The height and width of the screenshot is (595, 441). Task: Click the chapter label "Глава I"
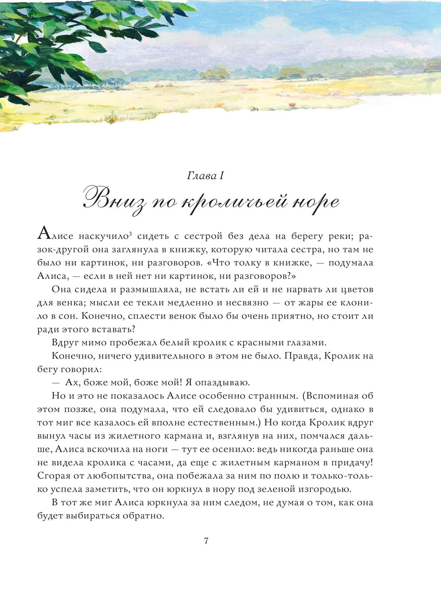point(205,175)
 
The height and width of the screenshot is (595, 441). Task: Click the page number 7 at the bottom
point(206,541)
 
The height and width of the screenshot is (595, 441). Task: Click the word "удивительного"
point(169,356)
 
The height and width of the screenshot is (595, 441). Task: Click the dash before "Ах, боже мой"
point(56,383)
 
